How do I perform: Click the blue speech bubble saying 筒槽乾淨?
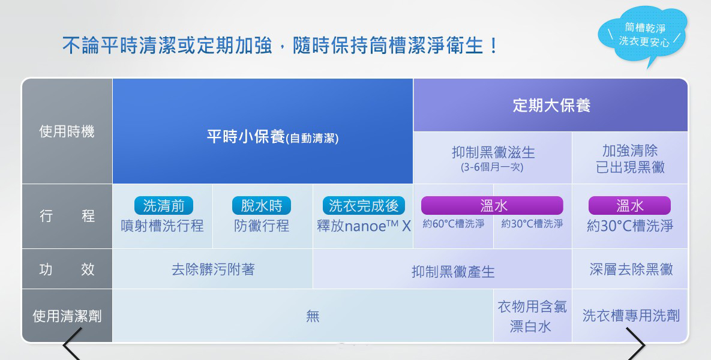click(643, 34)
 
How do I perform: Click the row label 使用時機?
click(67, 131)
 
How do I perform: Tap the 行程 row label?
click(67, 215)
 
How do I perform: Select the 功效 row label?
click(67, 269)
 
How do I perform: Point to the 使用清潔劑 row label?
click(67, 316)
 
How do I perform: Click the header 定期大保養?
click(551, 105)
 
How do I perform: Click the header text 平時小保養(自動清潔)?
click(272, 136)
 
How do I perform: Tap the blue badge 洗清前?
click(164, 206)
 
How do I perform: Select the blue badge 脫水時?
click(261, 206)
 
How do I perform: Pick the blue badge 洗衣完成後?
click(364, 206)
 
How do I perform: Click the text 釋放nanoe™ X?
click(364, 226)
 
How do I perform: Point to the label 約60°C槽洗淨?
click(454, 224)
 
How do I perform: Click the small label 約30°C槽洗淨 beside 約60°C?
click(532, 224)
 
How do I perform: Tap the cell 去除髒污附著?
click(213, 269)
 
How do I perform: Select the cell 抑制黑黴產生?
click(453, 272)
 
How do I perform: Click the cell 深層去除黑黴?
click(631, 269)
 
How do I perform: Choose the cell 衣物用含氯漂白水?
click(532, 316)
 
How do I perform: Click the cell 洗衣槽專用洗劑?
click(631, 316)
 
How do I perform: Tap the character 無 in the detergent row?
click(313, 316)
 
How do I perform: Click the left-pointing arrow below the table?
click(73, 344)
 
